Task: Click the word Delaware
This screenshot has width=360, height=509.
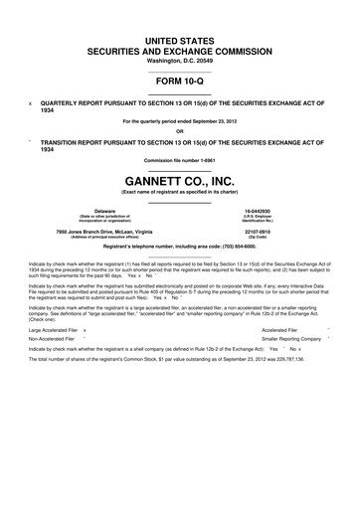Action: (x=104, y=212)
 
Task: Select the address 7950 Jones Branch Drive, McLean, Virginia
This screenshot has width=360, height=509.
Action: (x=104, y=232)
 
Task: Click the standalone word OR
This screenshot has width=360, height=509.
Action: (x=180, y=130)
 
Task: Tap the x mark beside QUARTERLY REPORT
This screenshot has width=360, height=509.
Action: (x=31, y=102)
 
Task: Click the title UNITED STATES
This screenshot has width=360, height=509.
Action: (x=180, y=38)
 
